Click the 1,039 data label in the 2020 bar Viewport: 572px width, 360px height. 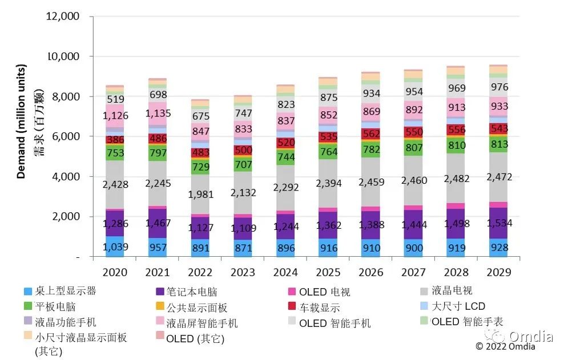pyautogui.click(x=115, y=248)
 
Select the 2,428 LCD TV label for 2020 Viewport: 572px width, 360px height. pyautogui.click(x=115, y=184)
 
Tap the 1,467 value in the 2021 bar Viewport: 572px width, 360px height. pyautogui.click(x=157, y=223)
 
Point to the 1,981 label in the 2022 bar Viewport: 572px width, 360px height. pyautogui.click(x=199, y=194)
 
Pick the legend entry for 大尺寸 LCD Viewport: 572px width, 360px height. pyautogui.click(x=458, y=306)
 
